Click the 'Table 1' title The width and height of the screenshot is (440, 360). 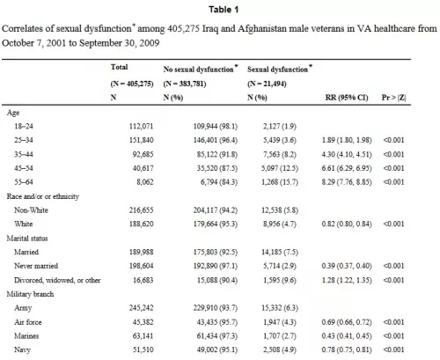(x=224, y=10)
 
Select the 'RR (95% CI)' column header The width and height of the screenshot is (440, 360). (x=347, y=98)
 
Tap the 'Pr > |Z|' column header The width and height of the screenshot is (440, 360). (x=393, y=98)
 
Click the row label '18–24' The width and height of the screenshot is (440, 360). (x=24, y=126)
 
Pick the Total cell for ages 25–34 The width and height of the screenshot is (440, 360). (x=142, y=140)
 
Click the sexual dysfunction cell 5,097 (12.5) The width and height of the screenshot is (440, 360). (x=280, y=168)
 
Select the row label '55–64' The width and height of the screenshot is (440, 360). (x=24, y=182)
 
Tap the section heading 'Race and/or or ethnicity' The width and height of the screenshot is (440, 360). (x=43, y=196)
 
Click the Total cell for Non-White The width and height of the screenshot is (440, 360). (x=142, y=210)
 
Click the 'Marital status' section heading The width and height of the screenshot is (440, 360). (x=27, y=239)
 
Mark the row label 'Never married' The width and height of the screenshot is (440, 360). (x=36, y=266)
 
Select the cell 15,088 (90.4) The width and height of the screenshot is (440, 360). (x=217, y=280)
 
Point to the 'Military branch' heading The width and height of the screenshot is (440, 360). (x=30, y=294)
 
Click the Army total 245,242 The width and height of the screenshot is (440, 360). (x=142, y=308)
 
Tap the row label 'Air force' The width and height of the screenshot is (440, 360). (x=28, y=322)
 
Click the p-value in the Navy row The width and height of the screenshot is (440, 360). (x=393, y=349)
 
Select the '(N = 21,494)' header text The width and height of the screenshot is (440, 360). (x=267, y=84)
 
